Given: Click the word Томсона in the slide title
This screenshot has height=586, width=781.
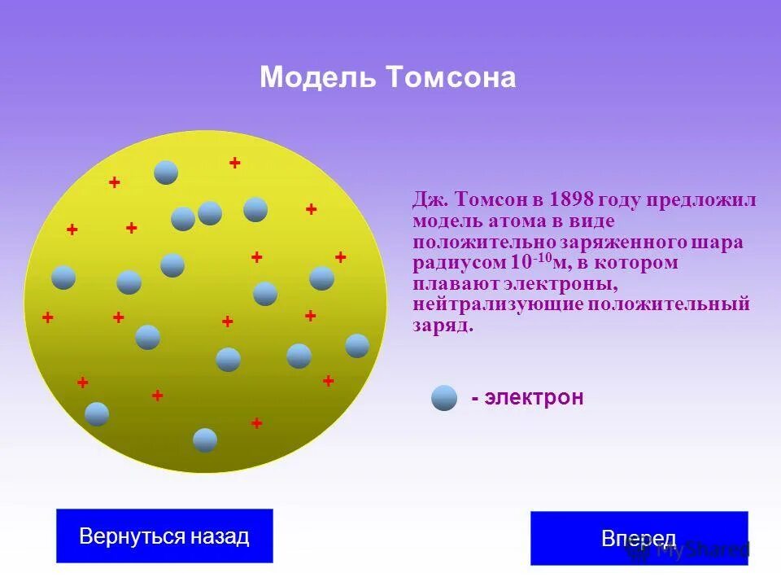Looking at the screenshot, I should (451, 78).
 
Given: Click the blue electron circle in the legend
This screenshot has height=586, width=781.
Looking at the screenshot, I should (444, 398).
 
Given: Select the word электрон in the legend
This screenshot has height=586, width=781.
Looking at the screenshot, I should (534, 398).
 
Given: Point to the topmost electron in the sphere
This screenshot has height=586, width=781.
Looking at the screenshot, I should (166, 173).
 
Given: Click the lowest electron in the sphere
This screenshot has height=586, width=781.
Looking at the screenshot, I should (205, 440).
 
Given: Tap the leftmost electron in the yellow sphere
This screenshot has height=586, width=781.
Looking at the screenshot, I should (63, 278).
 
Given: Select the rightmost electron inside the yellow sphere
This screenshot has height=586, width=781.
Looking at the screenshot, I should (357, 346).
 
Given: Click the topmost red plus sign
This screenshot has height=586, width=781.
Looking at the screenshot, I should (235, 163).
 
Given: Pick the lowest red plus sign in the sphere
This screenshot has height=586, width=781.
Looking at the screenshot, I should (257, 423).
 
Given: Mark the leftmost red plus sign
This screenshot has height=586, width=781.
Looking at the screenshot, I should (48, 317).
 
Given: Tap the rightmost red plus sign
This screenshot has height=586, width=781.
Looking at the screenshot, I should (341, 257).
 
